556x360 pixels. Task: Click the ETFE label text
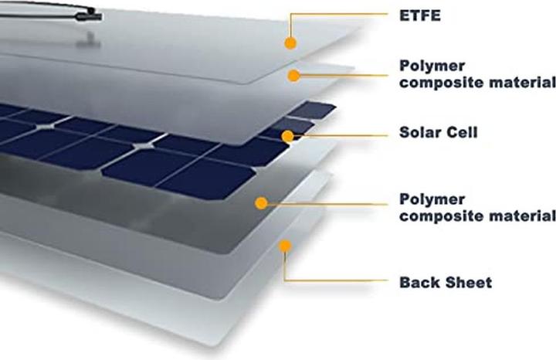(420, 15)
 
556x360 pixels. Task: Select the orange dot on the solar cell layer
(288, 137)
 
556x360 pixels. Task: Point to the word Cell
(463, 132)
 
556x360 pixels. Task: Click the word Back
(419, 282)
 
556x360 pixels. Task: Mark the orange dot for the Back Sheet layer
(285, 246)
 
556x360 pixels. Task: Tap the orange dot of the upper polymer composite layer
(293, 75)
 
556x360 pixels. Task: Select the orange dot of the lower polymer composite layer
(262, 203)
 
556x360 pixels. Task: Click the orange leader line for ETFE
(340, 14)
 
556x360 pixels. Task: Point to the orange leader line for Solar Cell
(340, 134)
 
